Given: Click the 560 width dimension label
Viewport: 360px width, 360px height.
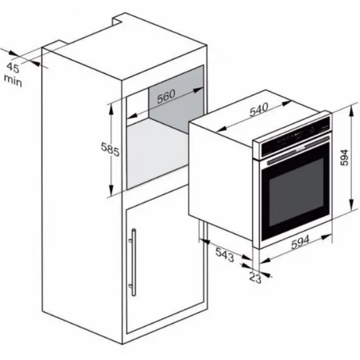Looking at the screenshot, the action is click(166, 96).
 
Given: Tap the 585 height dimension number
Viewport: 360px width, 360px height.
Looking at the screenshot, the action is click(110, 149).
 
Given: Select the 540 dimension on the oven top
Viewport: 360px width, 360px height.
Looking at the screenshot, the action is click(259, 109).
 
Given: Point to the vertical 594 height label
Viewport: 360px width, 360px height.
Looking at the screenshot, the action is click(344, 157).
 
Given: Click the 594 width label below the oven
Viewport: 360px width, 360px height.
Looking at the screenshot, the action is click(300, 242).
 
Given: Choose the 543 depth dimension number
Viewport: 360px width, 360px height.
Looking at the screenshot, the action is click(225, 255).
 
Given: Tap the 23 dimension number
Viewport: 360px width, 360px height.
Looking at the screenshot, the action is click(255, 277).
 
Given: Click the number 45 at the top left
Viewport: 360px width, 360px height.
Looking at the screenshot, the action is click(13, 67).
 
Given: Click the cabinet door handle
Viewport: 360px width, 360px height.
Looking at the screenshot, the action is click(134, 262).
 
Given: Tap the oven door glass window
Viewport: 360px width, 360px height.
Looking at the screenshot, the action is click(296, 191).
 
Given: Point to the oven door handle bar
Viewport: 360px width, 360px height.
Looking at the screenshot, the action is click(298, 150).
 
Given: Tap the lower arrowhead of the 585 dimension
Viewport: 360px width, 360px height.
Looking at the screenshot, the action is click(111, 190).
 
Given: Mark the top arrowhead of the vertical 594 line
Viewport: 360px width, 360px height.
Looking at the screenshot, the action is click(351, 111).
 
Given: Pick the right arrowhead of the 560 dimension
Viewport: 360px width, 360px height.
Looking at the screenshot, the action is click(198, 90).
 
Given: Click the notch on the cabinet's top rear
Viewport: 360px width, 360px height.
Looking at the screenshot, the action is click(118, 19).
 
